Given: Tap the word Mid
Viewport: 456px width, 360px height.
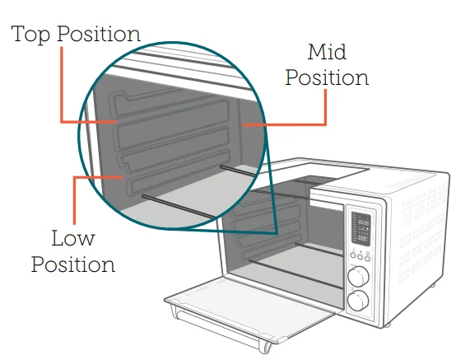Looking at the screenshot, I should (327, 54).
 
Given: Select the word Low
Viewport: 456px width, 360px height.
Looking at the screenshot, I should (72, 240).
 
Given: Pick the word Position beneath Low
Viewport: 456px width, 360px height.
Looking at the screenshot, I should (73, 264).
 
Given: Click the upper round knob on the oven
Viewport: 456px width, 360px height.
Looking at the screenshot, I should (359, 274).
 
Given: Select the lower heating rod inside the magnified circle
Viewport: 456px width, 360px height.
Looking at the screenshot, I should (178, 206).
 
